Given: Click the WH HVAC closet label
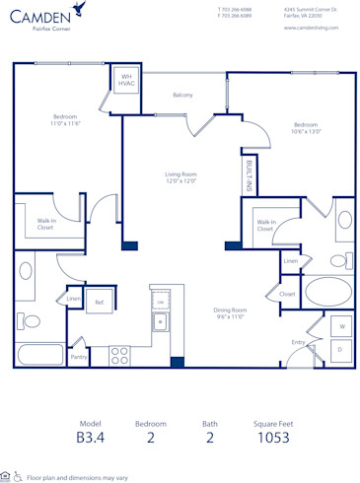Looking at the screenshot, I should pyautogui.click(x=127, y=82).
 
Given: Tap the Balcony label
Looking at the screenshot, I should pyautogui.click(x=182, y=96).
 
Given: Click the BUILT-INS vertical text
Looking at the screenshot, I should pyautogui.click(x=249, y=175).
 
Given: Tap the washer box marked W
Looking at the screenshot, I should pyautogui.click(x=341, y=325).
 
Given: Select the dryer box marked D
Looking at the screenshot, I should pyautogui.click(x=341, y=349).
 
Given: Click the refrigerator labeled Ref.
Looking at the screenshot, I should pyautogui.click(x=100, y=303).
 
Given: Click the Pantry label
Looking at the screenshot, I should pyautogui.click(x=78, y=357).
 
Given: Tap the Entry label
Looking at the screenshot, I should pyautogui.click(x=297, y=342).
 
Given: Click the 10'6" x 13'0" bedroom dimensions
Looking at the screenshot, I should pyautogui.click(x=305, y=132).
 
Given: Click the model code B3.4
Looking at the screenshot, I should pyautogui.click(x=90, y=438).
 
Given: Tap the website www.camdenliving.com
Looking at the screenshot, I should pyautogui.click(x=311, y=28).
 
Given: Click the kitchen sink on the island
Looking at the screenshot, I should pyautogui.click(x=159, y=321).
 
